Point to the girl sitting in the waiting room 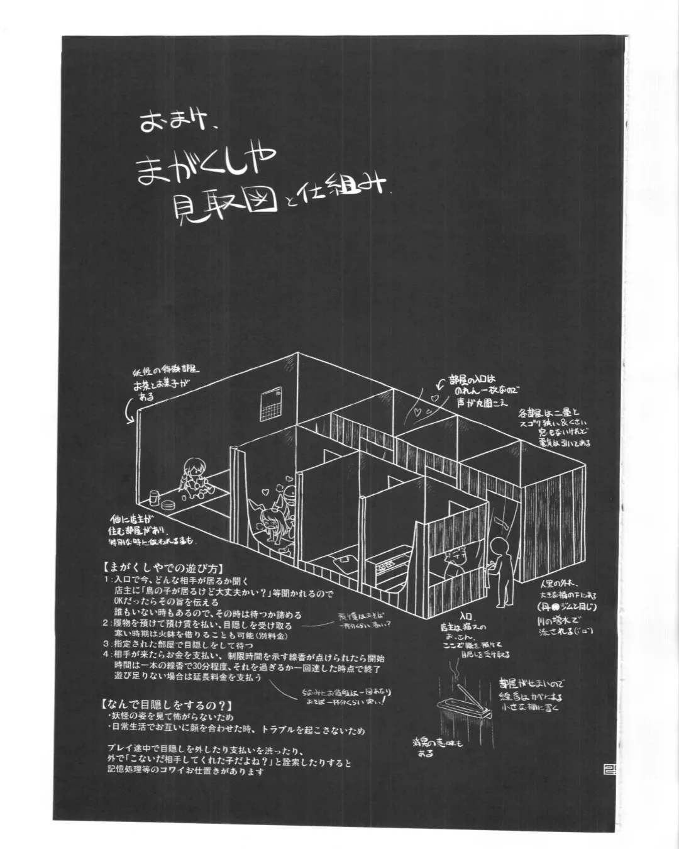click(191, 477)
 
